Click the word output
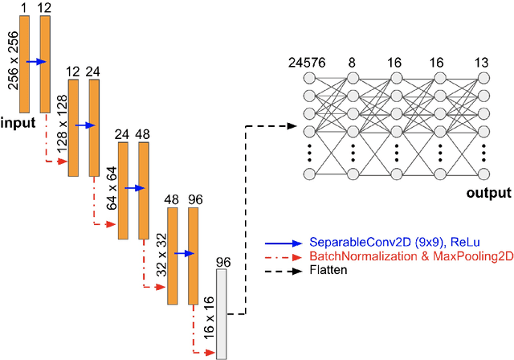coord(487,193)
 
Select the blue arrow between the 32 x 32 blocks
coord(183,253)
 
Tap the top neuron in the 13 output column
coord(483,79)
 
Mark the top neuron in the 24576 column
coord(311,79)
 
